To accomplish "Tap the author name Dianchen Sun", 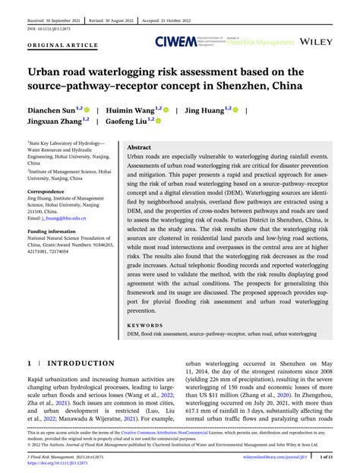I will click(56, 110).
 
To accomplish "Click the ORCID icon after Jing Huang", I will click(236, 110).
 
